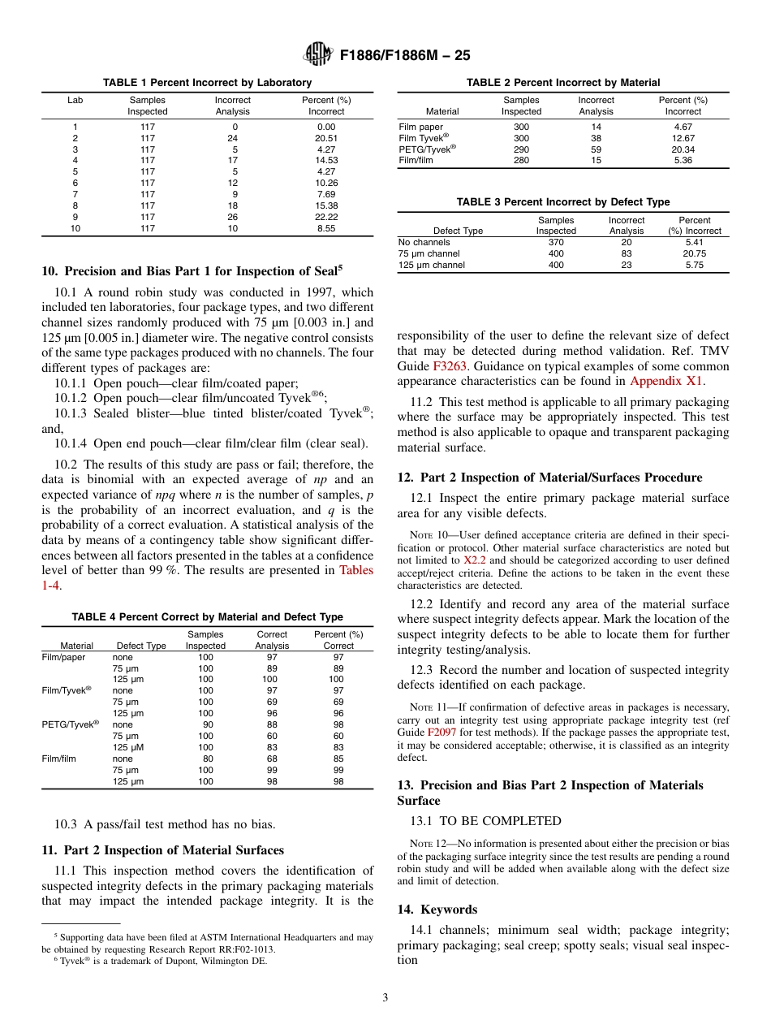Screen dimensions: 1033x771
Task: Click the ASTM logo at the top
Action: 318,55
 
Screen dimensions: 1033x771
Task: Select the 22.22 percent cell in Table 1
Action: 326,217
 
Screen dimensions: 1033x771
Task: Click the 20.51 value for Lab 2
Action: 326,138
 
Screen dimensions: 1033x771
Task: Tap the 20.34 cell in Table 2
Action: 683,149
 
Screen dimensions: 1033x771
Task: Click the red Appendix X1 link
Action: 667,381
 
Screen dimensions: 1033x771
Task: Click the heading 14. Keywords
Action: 437,910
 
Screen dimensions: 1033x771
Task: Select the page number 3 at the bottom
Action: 385,997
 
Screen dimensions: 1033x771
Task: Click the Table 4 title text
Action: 208,617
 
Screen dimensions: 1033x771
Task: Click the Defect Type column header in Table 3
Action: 458,231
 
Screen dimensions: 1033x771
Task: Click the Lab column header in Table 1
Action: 75,100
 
